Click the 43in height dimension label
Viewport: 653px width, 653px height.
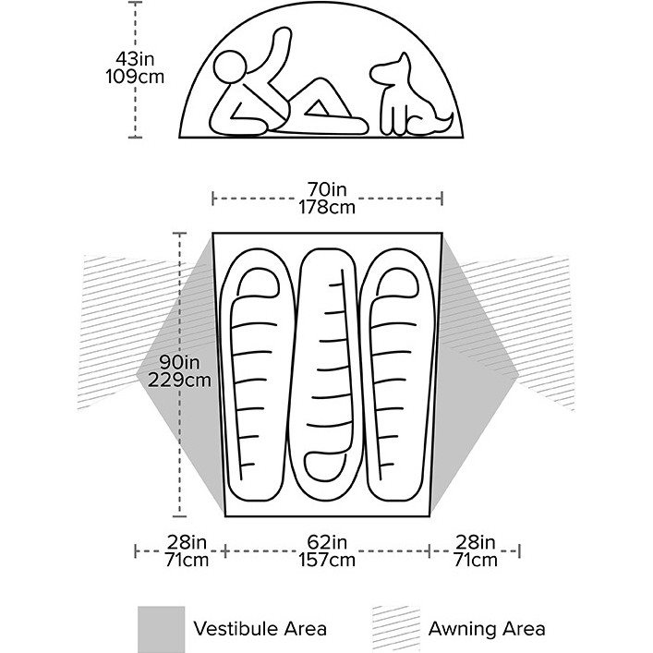pos(135,59)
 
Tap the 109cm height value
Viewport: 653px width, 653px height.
pos(135,77)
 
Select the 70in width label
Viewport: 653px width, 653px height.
pos(327,189)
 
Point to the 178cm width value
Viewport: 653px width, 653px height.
pos(327,207)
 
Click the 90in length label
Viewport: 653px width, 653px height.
pos(179,362)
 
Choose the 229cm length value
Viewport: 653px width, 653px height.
pos(179,381)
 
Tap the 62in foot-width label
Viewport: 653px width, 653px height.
pos(327,542)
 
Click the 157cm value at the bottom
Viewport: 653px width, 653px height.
pos(327,560)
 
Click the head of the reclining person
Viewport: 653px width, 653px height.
pos(230,67)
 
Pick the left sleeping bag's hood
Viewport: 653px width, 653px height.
pos(259,284)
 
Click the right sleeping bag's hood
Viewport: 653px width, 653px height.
pos(398,284)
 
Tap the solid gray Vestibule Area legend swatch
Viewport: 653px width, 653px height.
pos(161,629)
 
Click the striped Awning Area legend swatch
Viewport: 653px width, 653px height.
pos(396,629)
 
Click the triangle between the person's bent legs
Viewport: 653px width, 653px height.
pos(317,109)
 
